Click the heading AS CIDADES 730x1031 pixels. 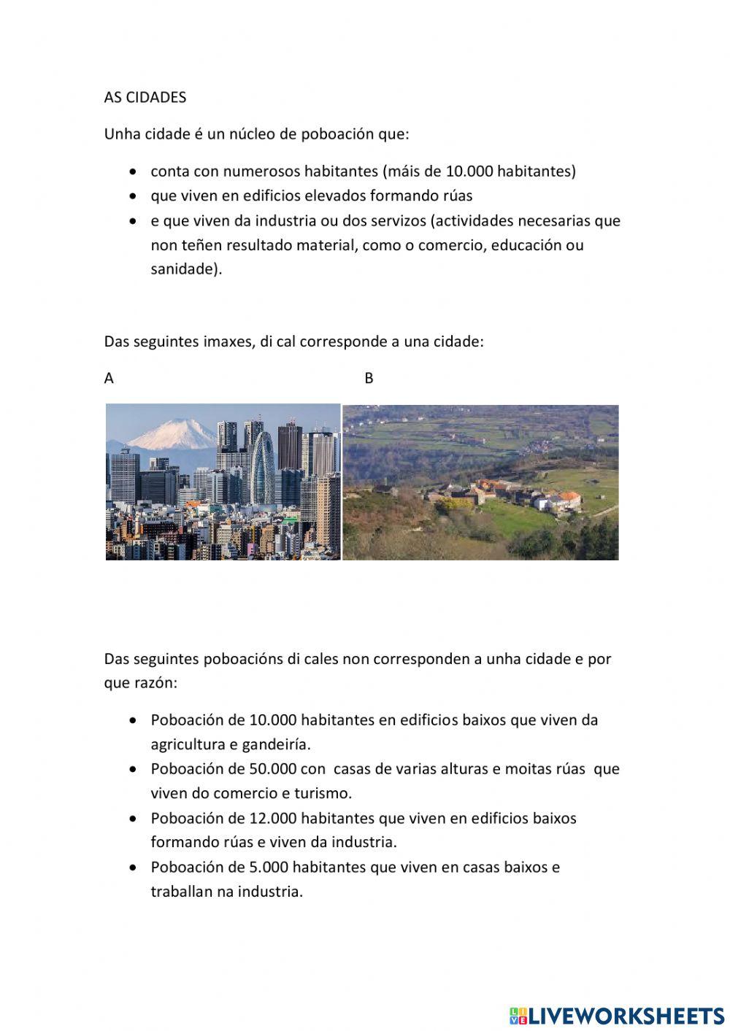(145, 98)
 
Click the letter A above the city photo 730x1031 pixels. (109, 378)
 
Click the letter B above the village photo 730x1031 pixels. (369, 378)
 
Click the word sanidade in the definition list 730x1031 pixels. (184, 269)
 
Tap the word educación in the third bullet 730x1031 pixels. (526, 244)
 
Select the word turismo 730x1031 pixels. (322, 793)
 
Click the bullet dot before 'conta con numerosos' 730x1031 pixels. (132, 171)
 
